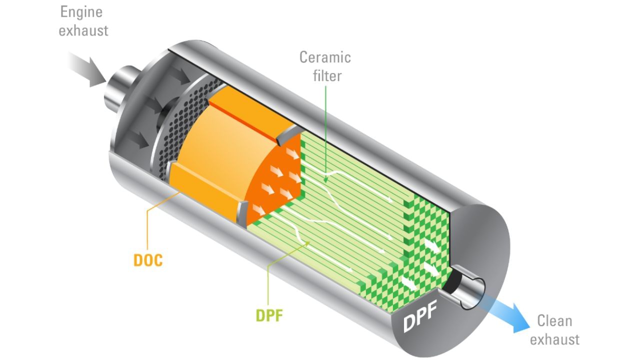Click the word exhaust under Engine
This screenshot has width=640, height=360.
83,30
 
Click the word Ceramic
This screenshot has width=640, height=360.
325,57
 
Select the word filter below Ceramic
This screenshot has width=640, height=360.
327,76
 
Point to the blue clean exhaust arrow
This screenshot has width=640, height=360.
510,312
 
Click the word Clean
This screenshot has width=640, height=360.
554,320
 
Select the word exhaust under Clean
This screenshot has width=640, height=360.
554,339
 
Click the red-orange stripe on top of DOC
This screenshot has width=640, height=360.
242,120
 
